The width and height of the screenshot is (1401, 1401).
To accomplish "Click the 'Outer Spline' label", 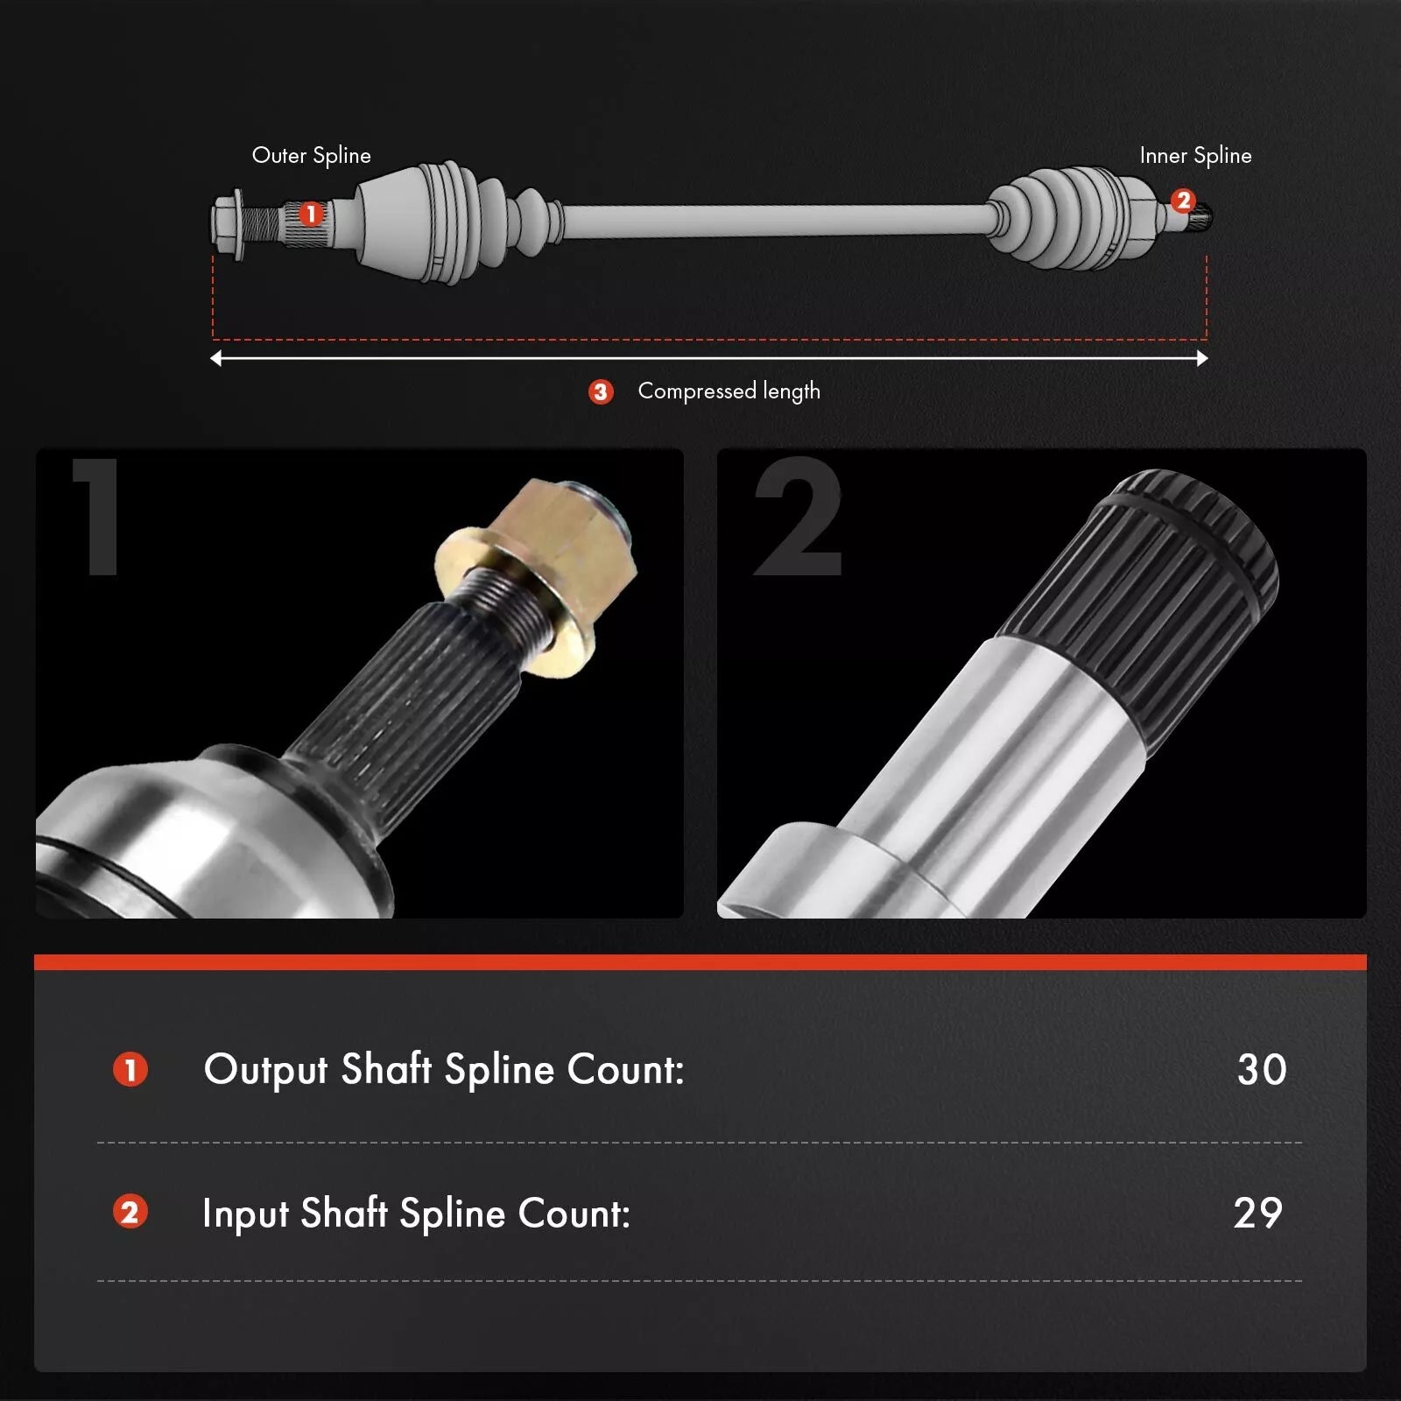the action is point(312,156).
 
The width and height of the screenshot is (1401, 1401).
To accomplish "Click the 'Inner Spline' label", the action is point(1195,156).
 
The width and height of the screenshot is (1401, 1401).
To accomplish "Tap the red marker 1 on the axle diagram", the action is point(310,214).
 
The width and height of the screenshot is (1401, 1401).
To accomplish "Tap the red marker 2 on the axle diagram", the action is point(1183,201).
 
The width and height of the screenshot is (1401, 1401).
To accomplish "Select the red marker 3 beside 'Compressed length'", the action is point(601,391).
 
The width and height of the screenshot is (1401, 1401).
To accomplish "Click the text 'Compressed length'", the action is point(729,391).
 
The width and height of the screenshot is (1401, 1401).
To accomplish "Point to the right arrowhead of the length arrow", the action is point(1202,358).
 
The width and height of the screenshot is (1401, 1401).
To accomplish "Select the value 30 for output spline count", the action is point(1262,1070).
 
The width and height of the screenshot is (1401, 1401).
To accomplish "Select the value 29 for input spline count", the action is point(1258,1214).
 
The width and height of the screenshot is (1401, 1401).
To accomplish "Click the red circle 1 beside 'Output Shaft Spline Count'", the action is point(130,1070).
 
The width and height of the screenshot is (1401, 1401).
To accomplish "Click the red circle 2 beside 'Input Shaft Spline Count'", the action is point(130,1213).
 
